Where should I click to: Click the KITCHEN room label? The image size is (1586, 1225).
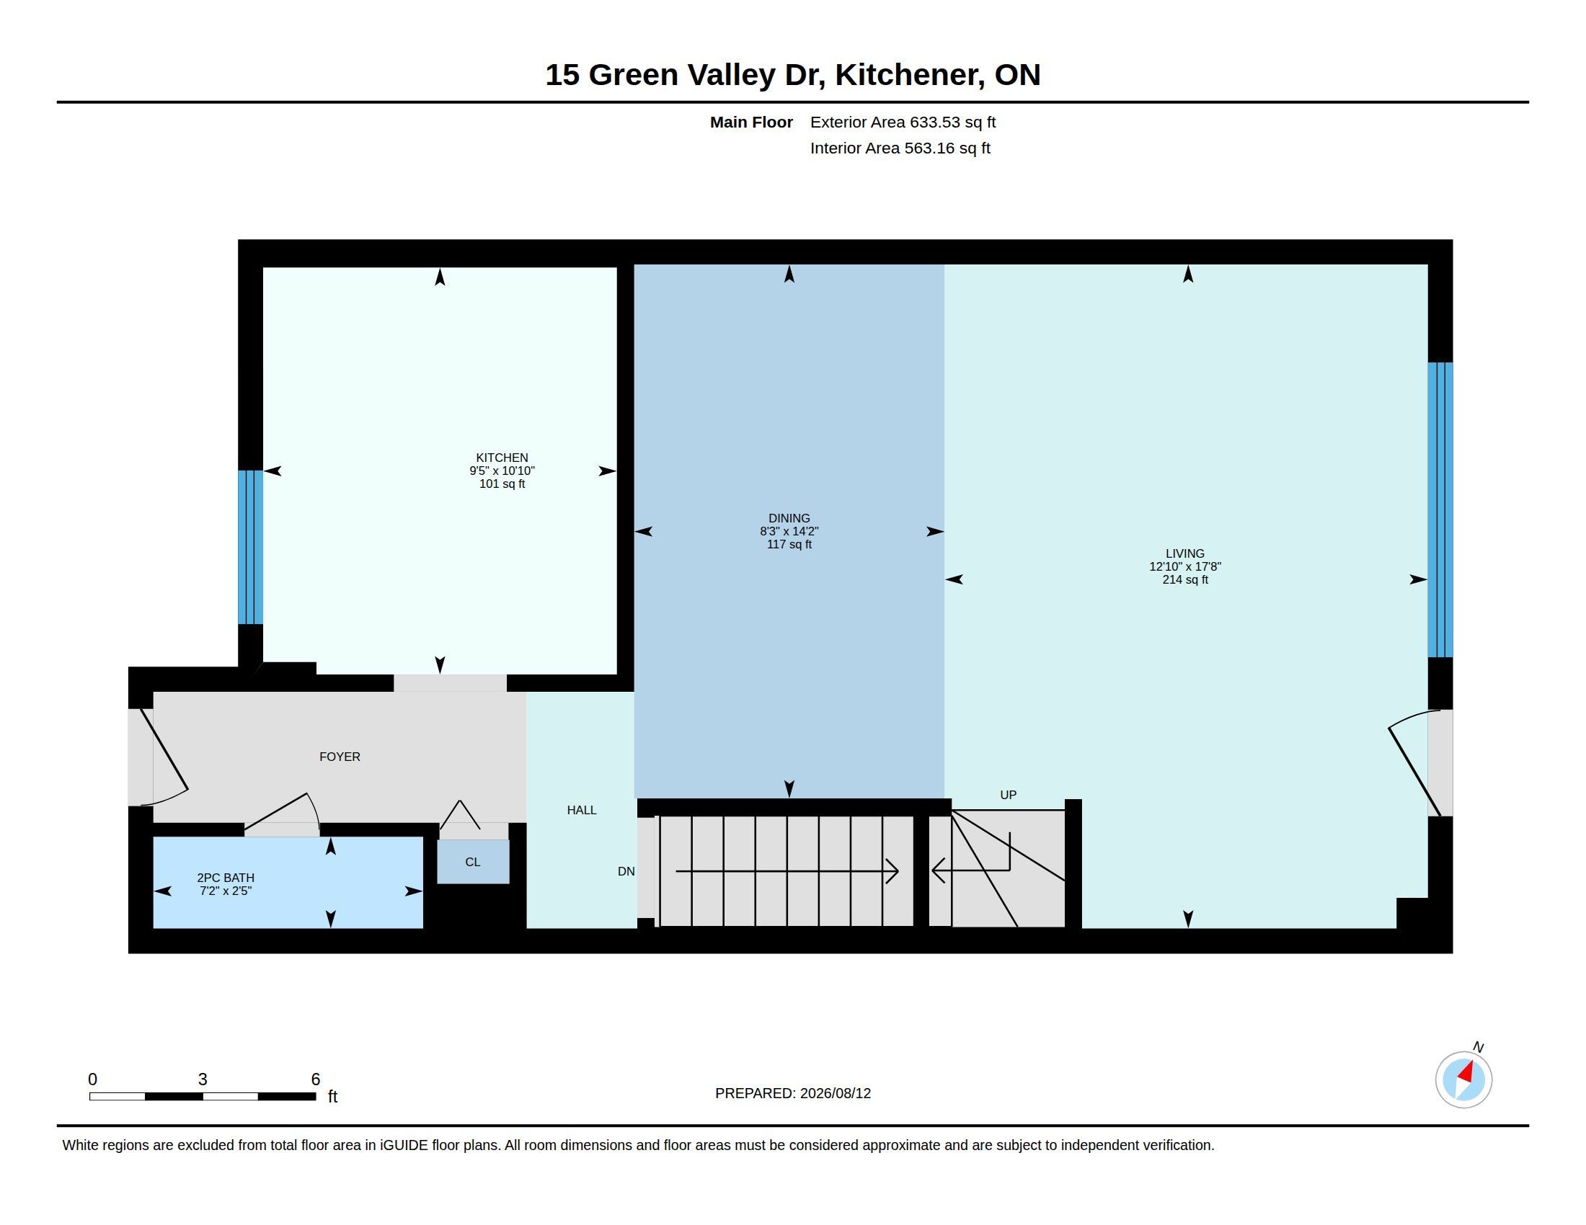point(502,457)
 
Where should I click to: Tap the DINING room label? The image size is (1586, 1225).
point(789,518)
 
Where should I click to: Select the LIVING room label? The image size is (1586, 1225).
point(1185,553)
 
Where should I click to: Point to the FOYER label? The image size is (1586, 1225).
point(340,757)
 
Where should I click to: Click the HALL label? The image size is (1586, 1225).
point(582,810)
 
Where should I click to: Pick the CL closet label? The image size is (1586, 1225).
point(473,862)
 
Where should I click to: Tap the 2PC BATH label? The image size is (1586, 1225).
point(226,878)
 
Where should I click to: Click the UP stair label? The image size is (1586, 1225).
point(1008,795)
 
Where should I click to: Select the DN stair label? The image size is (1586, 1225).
point(626,872)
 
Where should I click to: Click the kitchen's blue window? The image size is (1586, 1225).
point(251,547)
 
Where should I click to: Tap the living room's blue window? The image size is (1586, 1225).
point(1440,509)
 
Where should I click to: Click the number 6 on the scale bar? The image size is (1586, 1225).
point(315,1079)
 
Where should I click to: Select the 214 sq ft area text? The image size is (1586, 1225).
point(1185,580)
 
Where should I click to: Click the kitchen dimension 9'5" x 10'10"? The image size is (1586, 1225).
point(502,471)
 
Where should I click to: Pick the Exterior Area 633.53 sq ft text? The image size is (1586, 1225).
point(903,122)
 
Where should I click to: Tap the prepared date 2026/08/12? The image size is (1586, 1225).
point(835,1094)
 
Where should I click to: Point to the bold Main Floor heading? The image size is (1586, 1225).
point(751,122)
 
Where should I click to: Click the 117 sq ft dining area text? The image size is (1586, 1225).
point(789,544)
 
